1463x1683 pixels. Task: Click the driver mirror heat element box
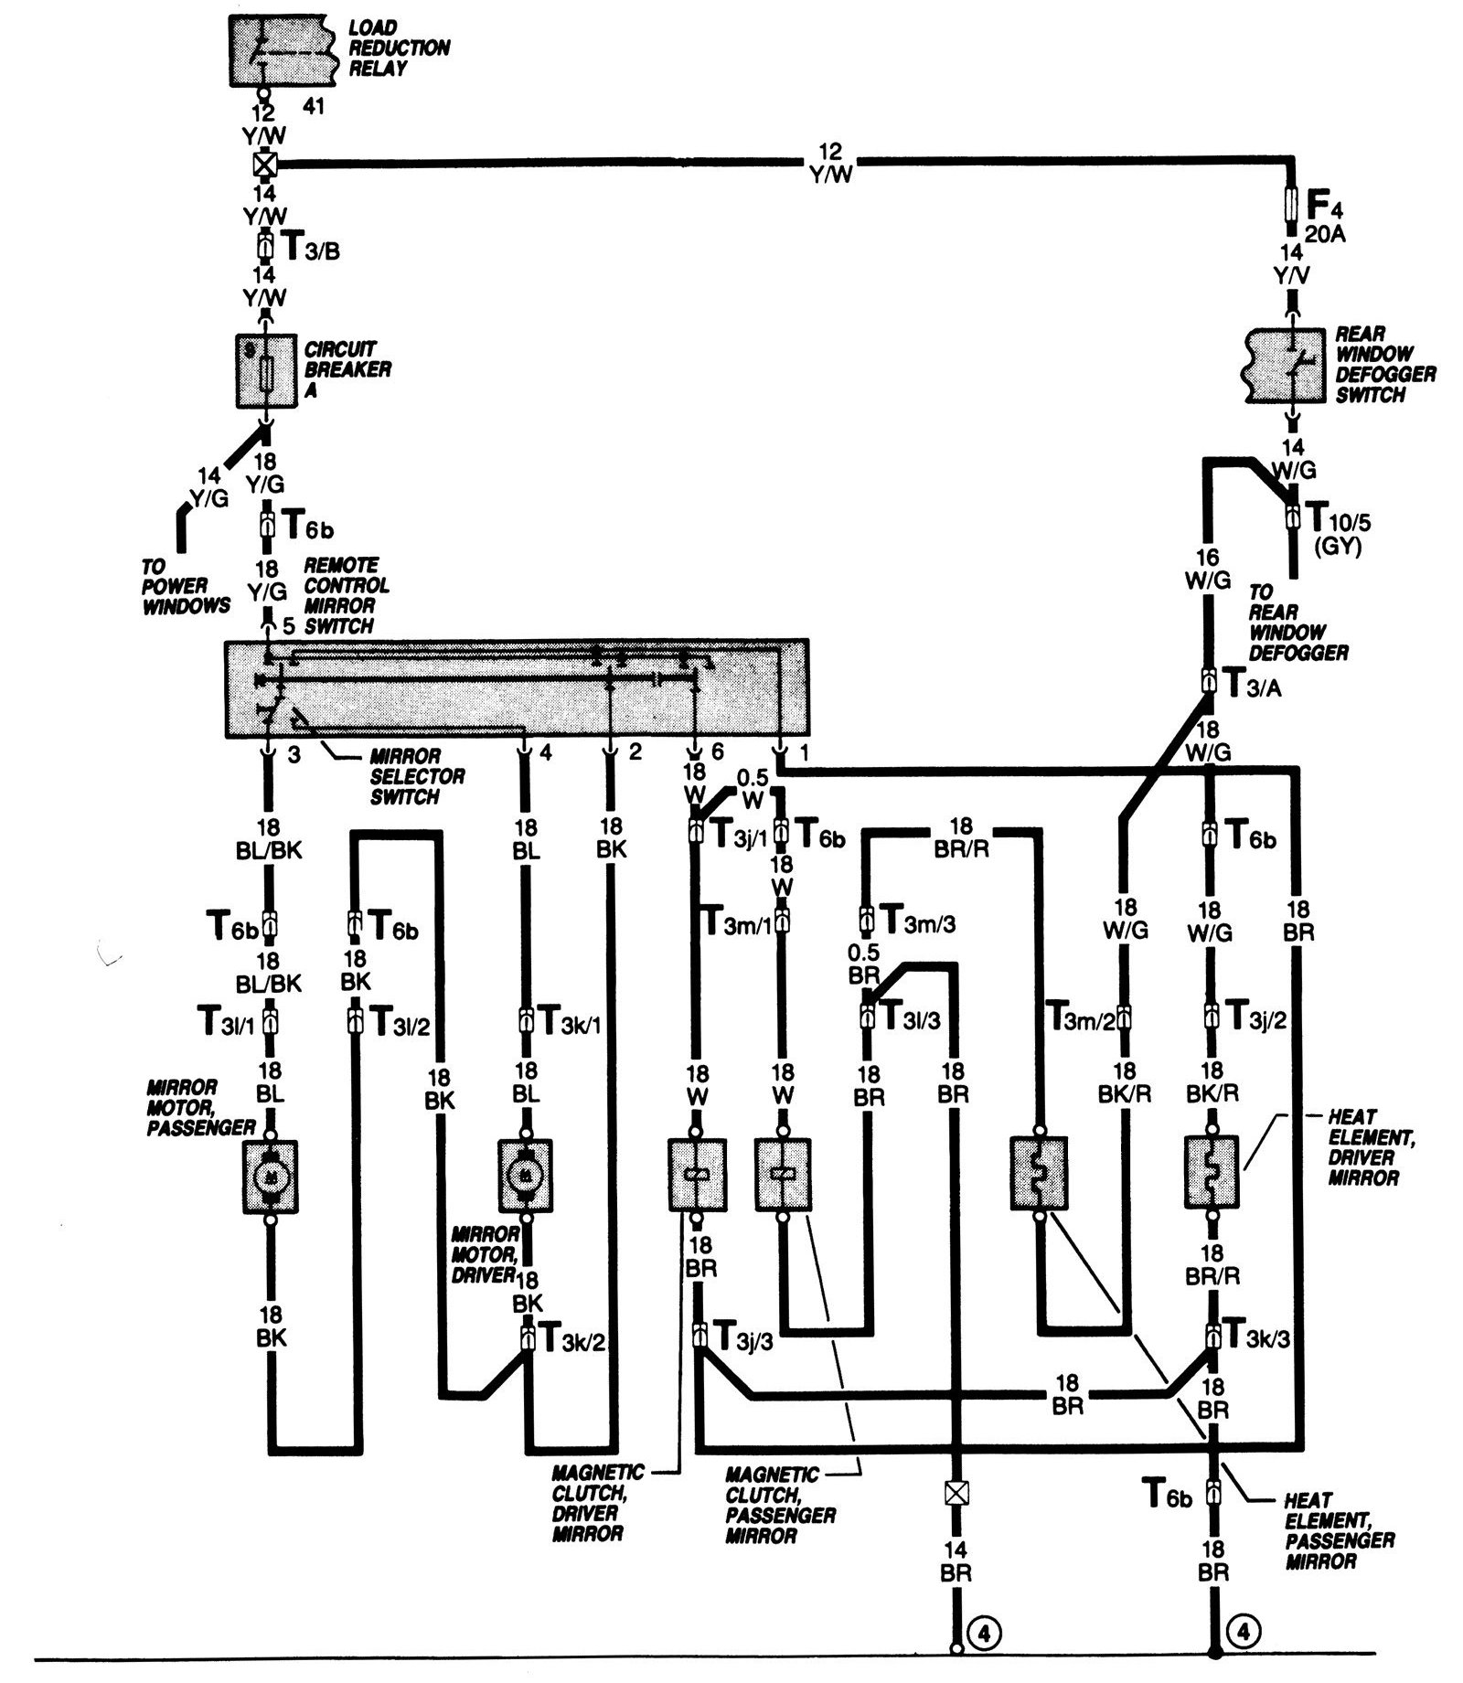point(1212,1173)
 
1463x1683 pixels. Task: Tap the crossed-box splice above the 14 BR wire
point(955,1492)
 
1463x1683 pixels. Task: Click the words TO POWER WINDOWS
point(186,586)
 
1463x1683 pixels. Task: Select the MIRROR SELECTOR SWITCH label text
point(417,776)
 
